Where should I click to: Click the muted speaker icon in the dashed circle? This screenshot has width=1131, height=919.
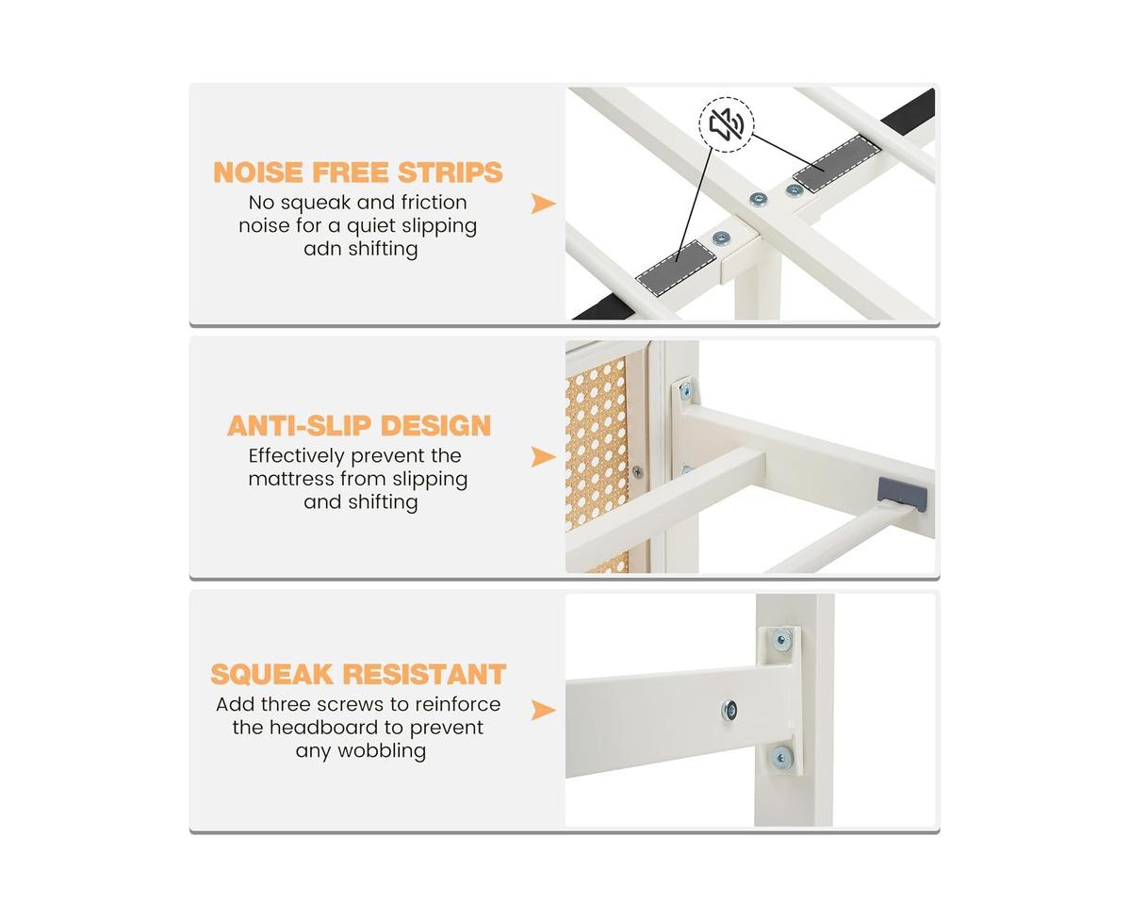coord(727,124)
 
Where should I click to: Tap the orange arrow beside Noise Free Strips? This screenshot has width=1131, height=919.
coord(543,204)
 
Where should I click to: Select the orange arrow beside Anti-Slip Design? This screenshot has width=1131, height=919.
coord(543,456)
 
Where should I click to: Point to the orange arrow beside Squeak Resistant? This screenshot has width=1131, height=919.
coord(543,710)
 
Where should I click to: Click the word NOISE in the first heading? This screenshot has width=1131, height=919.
coord(258,172)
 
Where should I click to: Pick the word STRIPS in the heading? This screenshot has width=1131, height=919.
coord(450,172)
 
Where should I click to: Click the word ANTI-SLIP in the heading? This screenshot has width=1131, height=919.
coord(300,426)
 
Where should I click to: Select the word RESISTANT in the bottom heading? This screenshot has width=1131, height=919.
coord(424,674)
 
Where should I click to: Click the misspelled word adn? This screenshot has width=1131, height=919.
coord(321,249)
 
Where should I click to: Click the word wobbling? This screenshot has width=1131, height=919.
coord(382,751)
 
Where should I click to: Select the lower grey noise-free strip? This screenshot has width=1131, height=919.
coord(676,266)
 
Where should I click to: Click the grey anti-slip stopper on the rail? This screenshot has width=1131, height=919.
coord(902,495)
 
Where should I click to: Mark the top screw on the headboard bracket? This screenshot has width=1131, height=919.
coord(781,640)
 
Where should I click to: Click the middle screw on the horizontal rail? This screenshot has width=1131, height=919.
coord(729,710)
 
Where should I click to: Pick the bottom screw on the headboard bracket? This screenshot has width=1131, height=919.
coord(780,757)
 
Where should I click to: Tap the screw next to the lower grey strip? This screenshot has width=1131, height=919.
coord(721,238)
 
